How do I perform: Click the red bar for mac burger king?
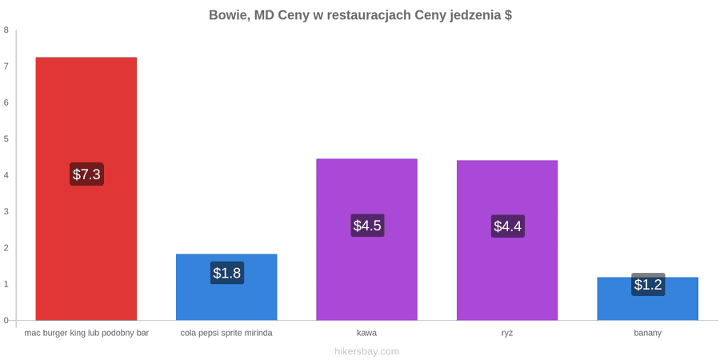86,189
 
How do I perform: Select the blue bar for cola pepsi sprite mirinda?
227,287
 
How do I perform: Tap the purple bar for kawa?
367,239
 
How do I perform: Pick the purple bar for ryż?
507,240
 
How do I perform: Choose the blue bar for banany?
648,298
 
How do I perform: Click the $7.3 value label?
86,174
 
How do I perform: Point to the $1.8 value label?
227,273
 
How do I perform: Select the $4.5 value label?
367,226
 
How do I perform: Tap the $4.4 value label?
508,226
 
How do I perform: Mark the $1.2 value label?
648,285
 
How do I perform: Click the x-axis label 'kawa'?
367,333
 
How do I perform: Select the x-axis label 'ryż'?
507,333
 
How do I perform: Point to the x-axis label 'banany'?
648,334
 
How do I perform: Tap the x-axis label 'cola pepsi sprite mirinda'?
226,333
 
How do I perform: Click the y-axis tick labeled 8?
6,30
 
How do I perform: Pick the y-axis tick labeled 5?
6,139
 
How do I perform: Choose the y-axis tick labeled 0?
6,321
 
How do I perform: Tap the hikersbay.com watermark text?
367,351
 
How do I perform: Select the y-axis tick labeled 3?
6,212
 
